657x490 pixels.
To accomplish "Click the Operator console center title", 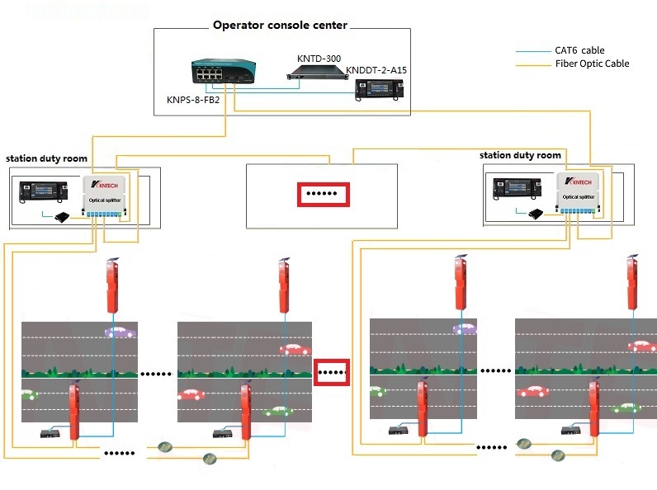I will (280, 25).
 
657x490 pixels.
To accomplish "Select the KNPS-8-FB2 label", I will (193, 101).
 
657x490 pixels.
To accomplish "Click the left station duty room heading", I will (46, 158).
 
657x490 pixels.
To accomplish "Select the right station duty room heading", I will (520, 155).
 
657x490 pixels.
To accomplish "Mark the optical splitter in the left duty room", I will (106, 196).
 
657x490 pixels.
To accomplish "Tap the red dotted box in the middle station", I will (323, 195).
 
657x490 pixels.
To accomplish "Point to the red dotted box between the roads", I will (332, 372).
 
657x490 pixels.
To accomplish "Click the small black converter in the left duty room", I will (61, 218).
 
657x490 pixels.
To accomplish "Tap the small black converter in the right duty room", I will (536, 214).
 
